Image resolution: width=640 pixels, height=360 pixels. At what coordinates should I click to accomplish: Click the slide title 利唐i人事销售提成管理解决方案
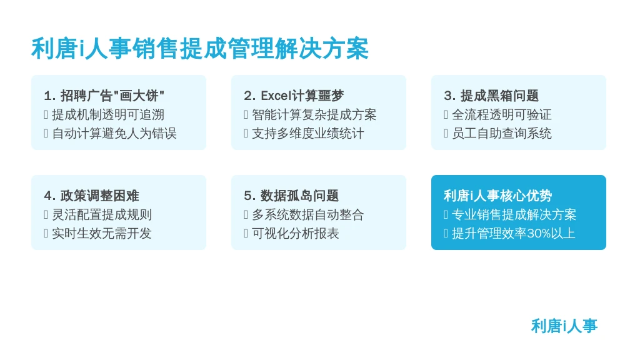200,49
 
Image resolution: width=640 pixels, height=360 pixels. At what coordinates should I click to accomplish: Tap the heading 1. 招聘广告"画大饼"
104,96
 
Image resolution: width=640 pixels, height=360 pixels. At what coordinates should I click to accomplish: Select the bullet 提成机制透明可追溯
107,115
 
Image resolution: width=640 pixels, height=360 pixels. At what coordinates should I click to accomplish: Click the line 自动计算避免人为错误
114,134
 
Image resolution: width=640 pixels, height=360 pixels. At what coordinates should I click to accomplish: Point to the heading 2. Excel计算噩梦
294,96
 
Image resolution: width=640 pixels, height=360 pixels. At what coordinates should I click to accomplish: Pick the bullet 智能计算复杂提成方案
314,115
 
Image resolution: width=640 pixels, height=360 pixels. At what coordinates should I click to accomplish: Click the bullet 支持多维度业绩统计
307,134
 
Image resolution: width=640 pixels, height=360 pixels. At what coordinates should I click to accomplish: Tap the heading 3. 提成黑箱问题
491,96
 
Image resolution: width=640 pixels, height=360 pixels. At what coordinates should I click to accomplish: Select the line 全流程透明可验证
502,115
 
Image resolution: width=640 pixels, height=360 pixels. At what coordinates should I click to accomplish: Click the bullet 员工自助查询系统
502,134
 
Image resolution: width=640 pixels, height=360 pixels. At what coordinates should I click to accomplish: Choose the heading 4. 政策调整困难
91,196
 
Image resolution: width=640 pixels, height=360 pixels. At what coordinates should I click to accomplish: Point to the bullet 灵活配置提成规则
102,215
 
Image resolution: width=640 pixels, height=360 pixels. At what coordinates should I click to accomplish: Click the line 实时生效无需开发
102,234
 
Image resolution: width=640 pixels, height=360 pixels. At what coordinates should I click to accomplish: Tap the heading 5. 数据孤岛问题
291,196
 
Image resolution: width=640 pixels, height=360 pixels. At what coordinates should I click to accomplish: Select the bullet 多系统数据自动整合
307,215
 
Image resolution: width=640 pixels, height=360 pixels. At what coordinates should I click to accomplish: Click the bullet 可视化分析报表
296,234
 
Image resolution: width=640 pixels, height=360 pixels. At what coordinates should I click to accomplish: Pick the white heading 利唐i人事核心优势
498,196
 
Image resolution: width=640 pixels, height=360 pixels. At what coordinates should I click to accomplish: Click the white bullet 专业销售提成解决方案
514,215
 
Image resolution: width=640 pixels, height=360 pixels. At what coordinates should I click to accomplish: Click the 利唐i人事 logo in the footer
564,326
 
